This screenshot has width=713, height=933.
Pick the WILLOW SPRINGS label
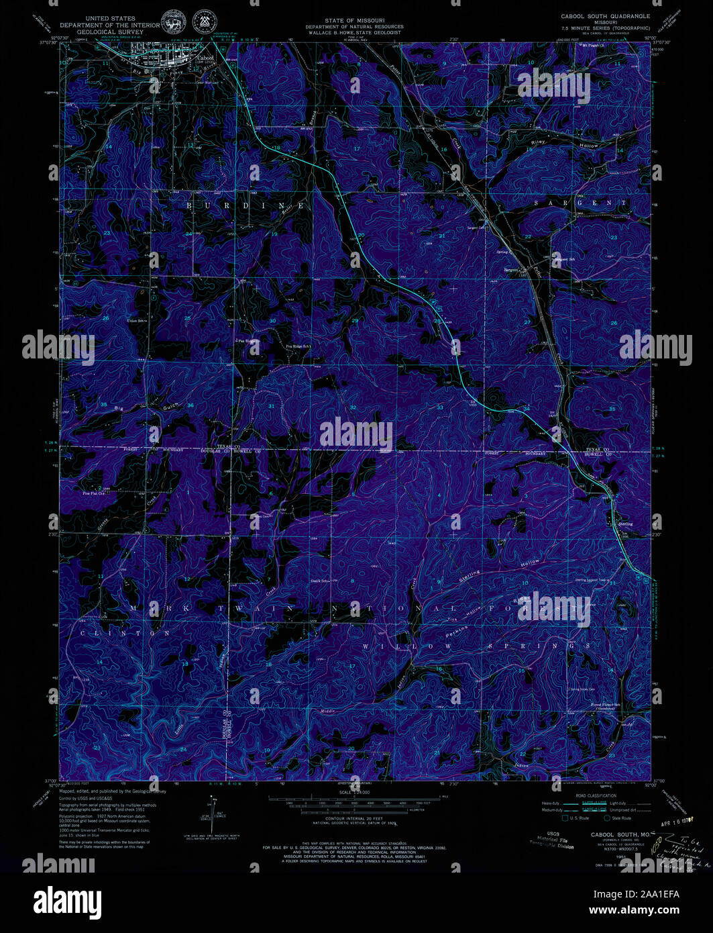477,646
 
